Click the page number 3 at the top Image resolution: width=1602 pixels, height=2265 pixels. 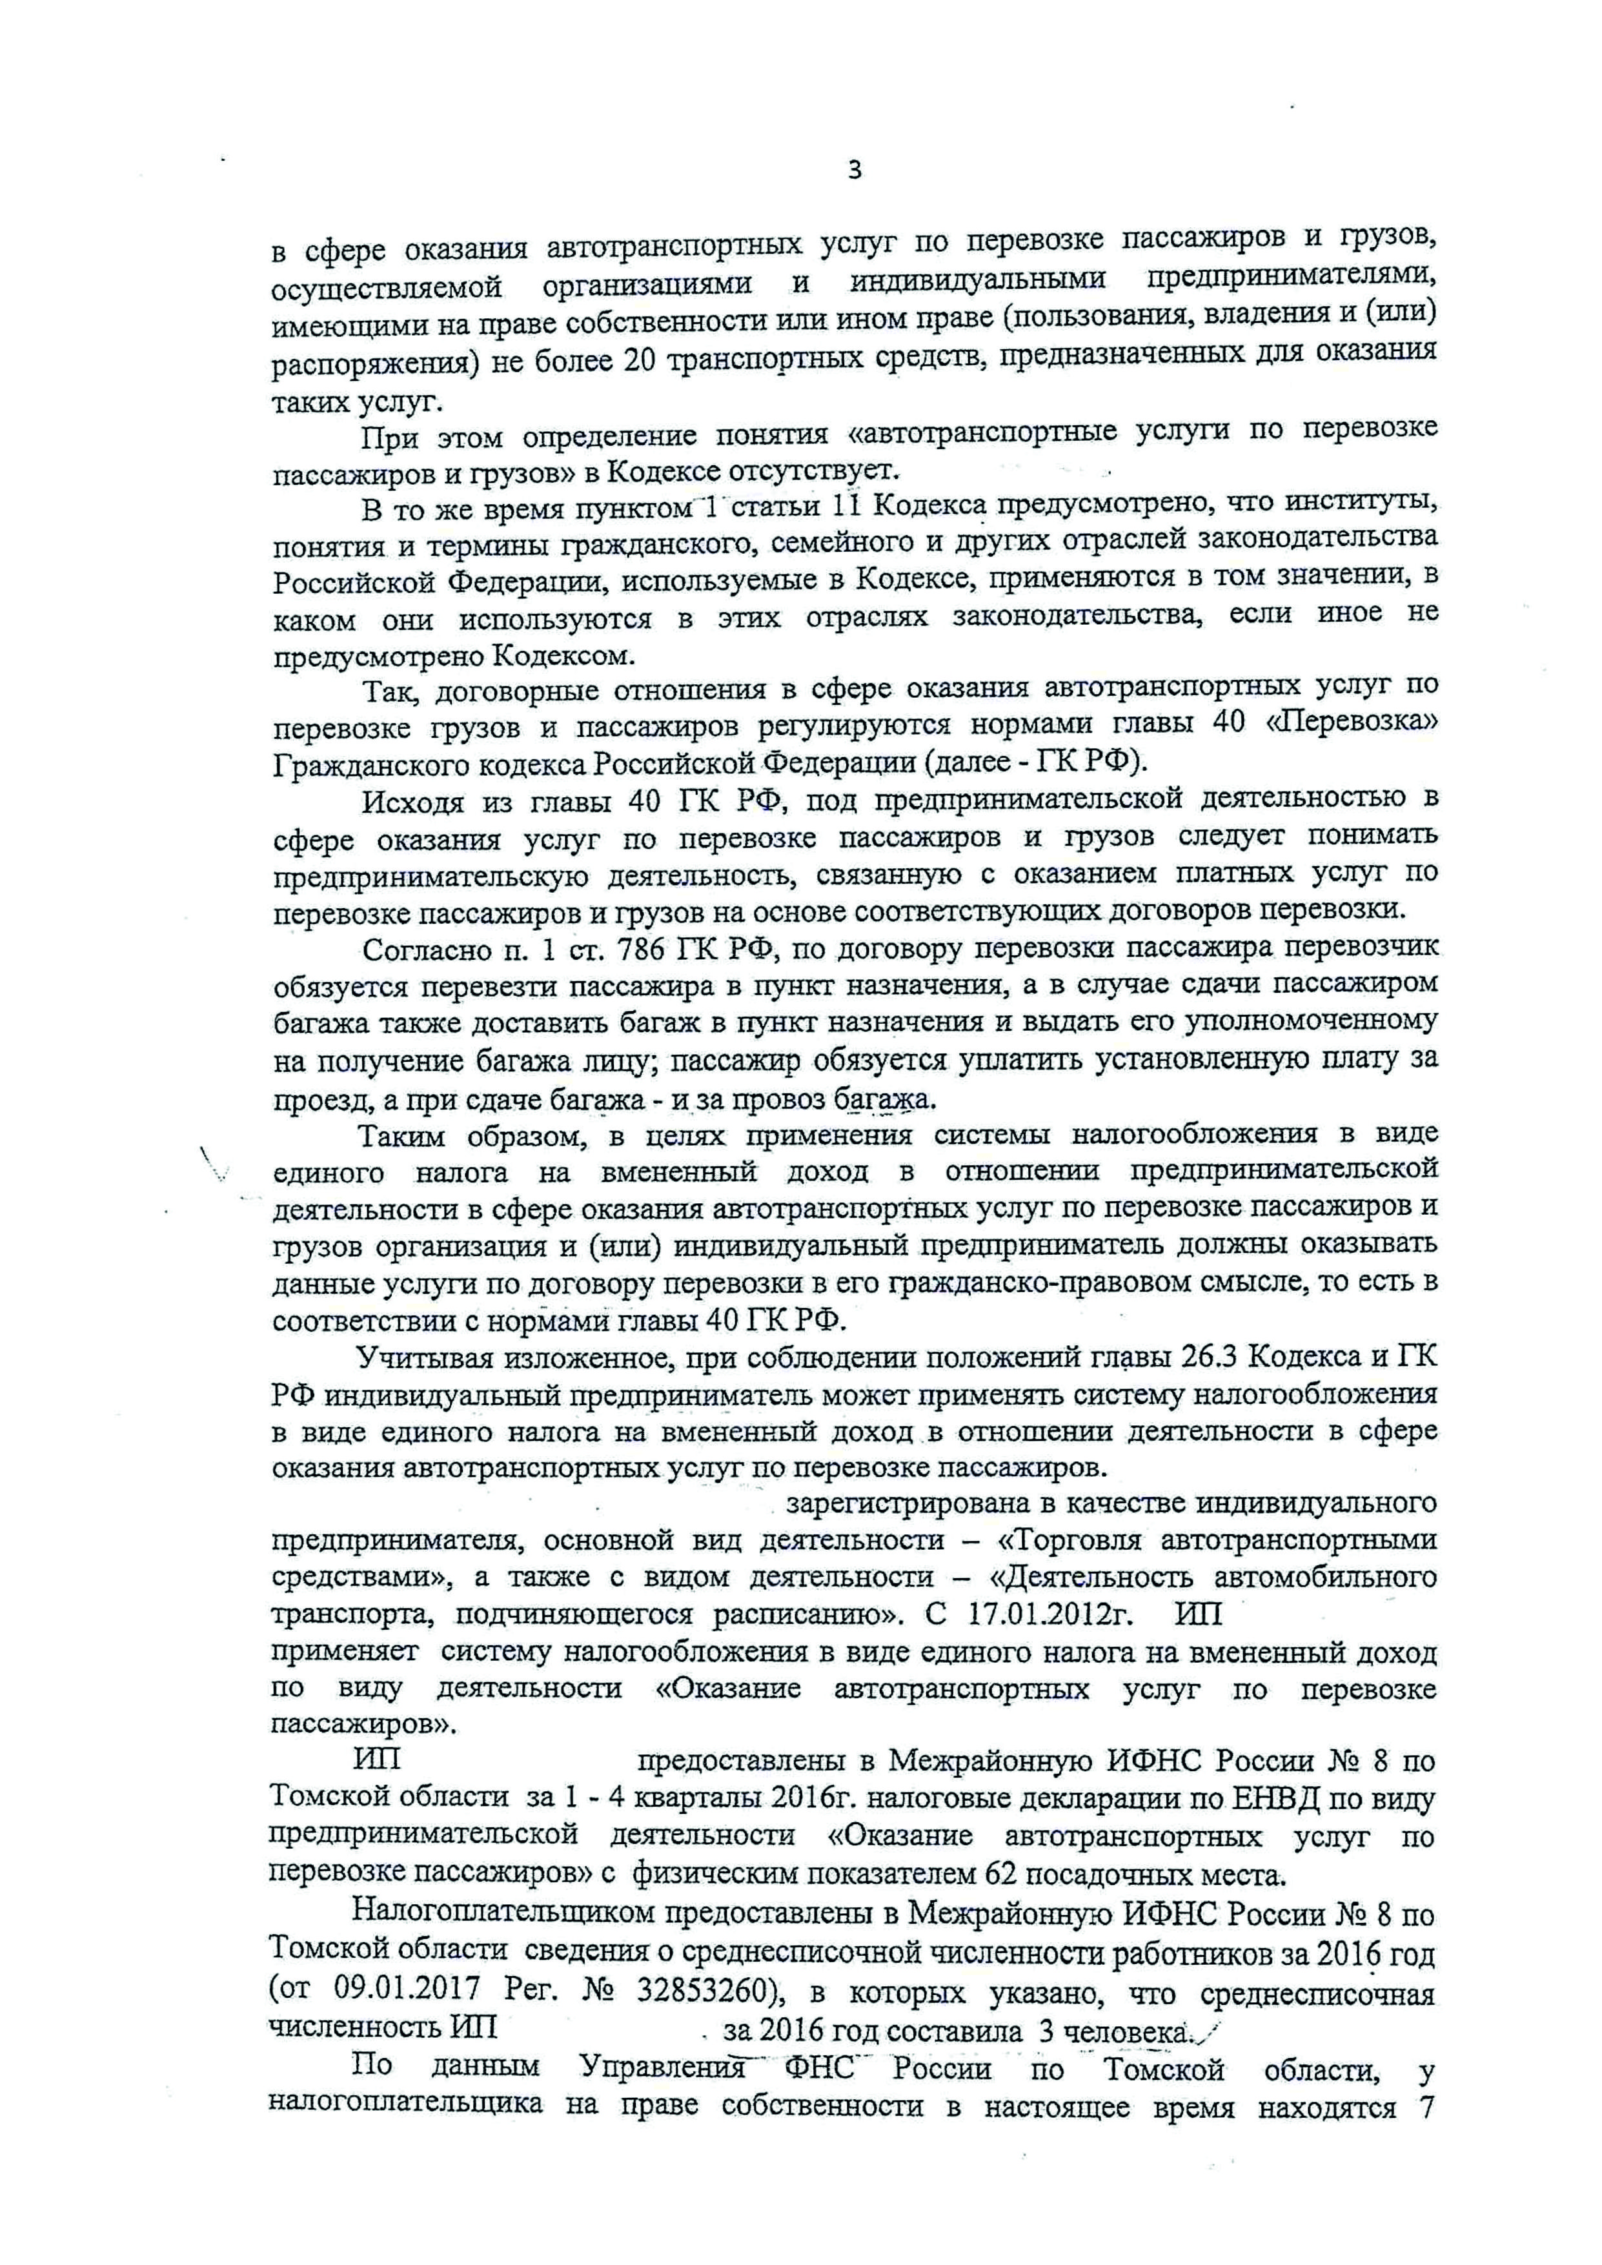coord(855,170)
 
